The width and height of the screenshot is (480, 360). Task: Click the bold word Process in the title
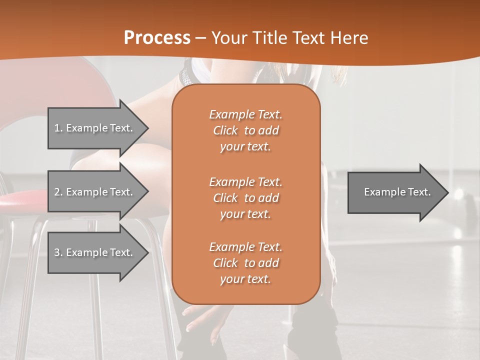click(157, 37)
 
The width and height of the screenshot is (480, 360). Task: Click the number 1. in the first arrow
click(58, 128)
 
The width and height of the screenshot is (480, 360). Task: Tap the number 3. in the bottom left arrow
click(58, 252)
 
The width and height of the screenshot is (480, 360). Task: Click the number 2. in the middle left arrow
click(58, 192)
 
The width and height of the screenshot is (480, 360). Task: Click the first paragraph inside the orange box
click(245, 130)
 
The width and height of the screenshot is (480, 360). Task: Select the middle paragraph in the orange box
click(245, 198)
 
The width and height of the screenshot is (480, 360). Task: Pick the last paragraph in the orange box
click(245, 263)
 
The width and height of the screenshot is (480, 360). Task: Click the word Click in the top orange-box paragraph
click(225, 130)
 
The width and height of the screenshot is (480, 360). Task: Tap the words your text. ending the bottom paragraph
click(245, 279)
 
